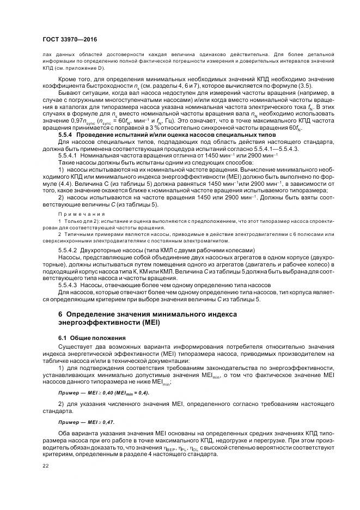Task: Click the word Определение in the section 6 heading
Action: (90, 314)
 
